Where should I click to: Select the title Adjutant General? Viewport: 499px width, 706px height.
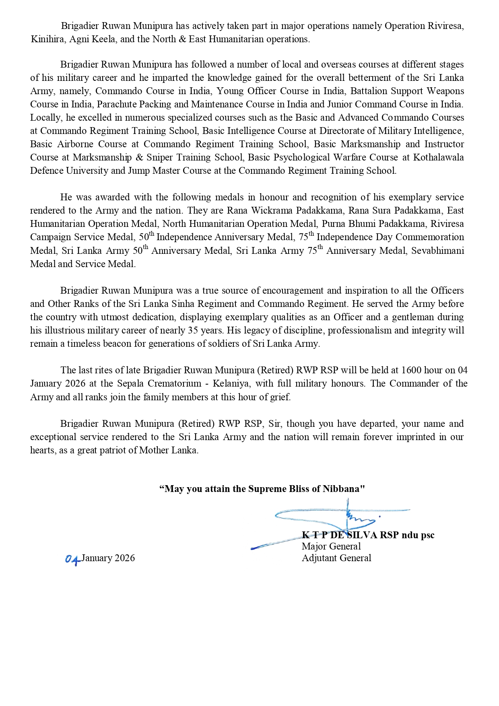click(x=336, y=558)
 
